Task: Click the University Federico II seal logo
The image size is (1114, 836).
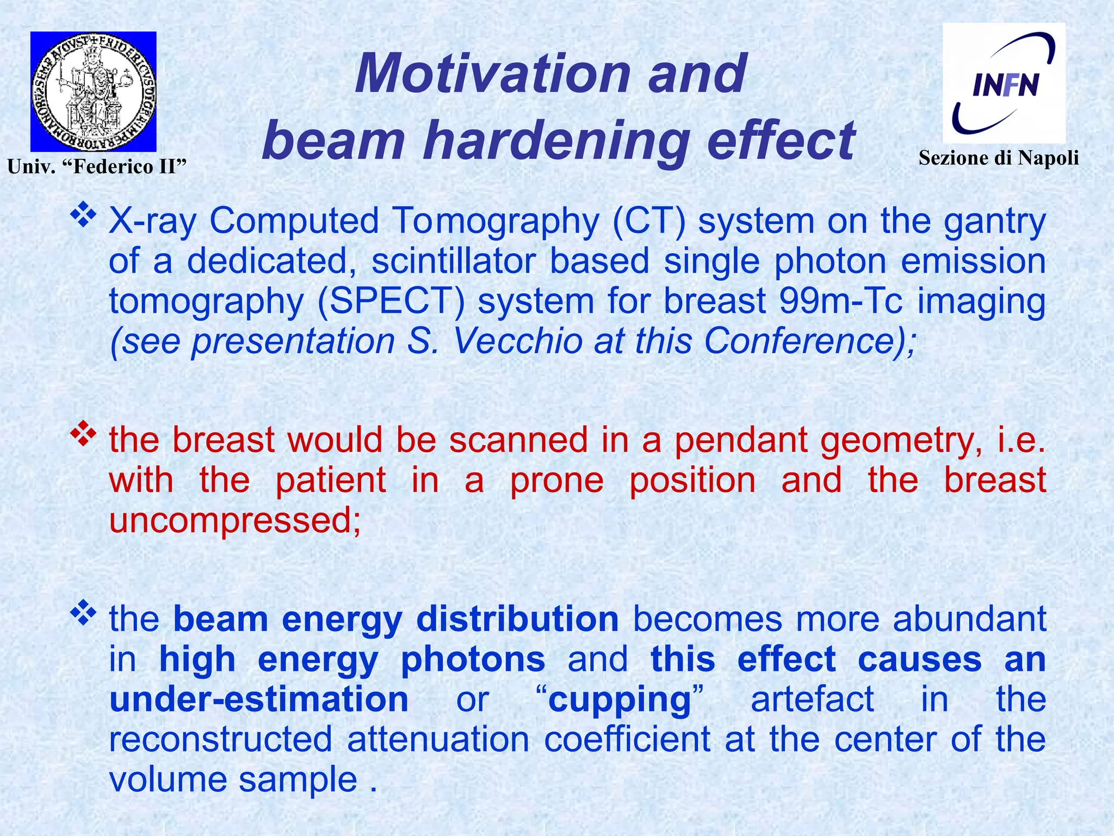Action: (93, 91)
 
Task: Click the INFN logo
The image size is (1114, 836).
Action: (1004, 83)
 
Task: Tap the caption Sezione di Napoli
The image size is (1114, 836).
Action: (999, 158)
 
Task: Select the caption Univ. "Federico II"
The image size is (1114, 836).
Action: (97, 166)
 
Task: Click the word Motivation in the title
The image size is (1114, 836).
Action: (492, 73)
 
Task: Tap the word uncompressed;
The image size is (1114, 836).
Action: (235, 521)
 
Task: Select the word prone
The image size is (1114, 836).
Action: (556, 481)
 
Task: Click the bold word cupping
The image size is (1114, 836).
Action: (619, 700)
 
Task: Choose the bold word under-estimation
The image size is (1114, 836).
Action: (259, 700)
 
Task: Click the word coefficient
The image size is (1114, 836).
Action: (627, 740)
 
